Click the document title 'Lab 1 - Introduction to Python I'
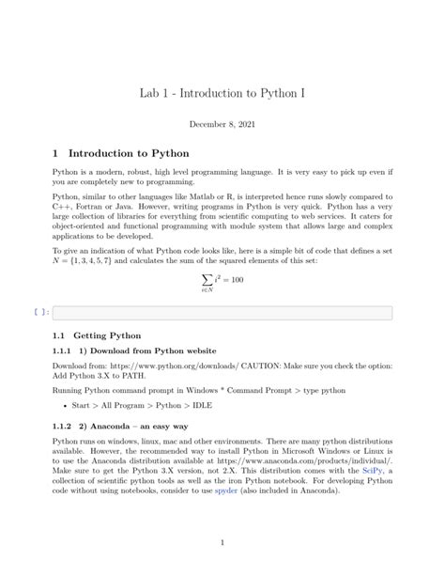(x=222, y=94)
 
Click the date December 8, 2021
(x=222, y=124)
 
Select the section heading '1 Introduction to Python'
(x=121, y=152)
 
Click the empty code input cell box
(x=222, y=312)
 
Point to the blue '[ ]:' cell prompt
(x=40, y=312)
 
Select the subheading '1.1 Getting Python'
(x=98, y=335)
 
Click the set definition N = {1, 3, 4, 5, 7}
(x=91, y=259)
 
